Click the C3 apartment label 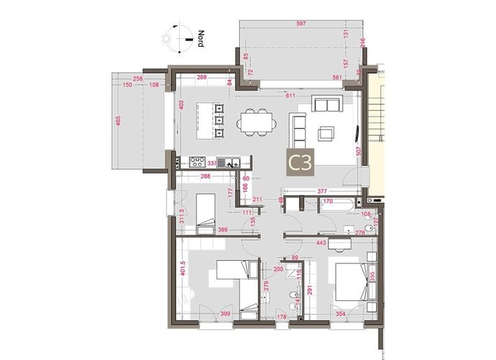[x=299, y=163]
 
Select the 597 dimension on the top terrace [x=301, y=24]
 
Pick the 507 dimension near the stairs [x=358, y=153]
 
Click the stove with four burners [x=198, y=161]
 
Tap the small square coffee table [x=326, y=132]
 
